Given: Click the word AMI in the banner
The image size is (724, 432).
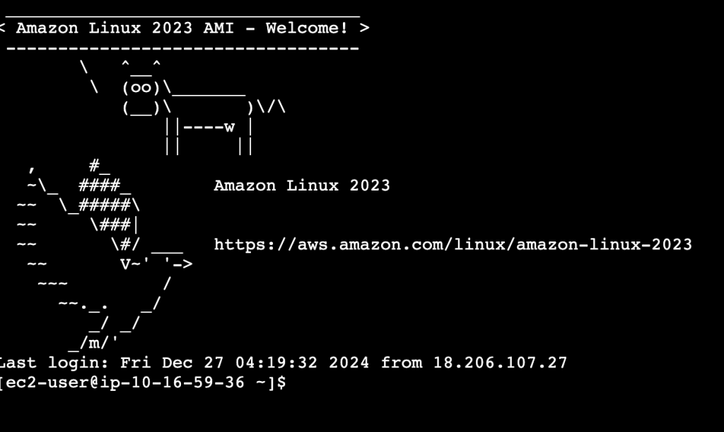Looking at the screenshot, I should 218,28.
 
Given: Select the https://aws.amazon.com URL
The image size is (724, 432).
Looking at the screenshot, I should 452,244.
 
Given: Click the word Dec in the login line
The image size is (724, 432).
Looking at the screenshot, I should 177,363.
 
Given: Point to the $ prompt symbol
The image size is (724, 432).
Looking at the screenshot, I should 281,382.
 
